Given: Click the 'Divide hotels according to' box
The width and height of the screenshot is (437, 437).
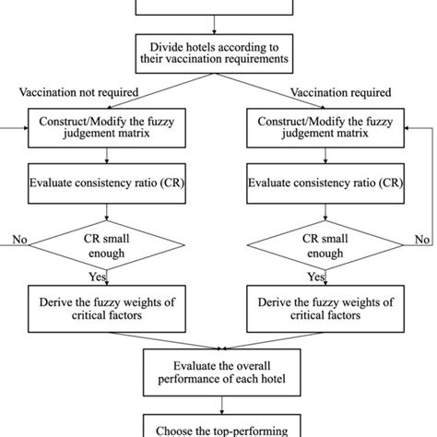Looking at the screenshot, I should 218,53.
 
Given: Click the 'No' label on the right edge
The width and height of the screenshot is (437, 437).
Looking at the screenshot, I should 422,239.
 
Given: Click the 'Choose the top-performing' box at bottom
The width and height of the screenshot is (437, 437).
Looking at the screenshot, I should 218,427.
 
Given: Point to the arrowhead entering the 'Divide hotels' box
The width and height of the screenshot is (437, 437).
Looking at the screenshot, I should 218,31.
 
